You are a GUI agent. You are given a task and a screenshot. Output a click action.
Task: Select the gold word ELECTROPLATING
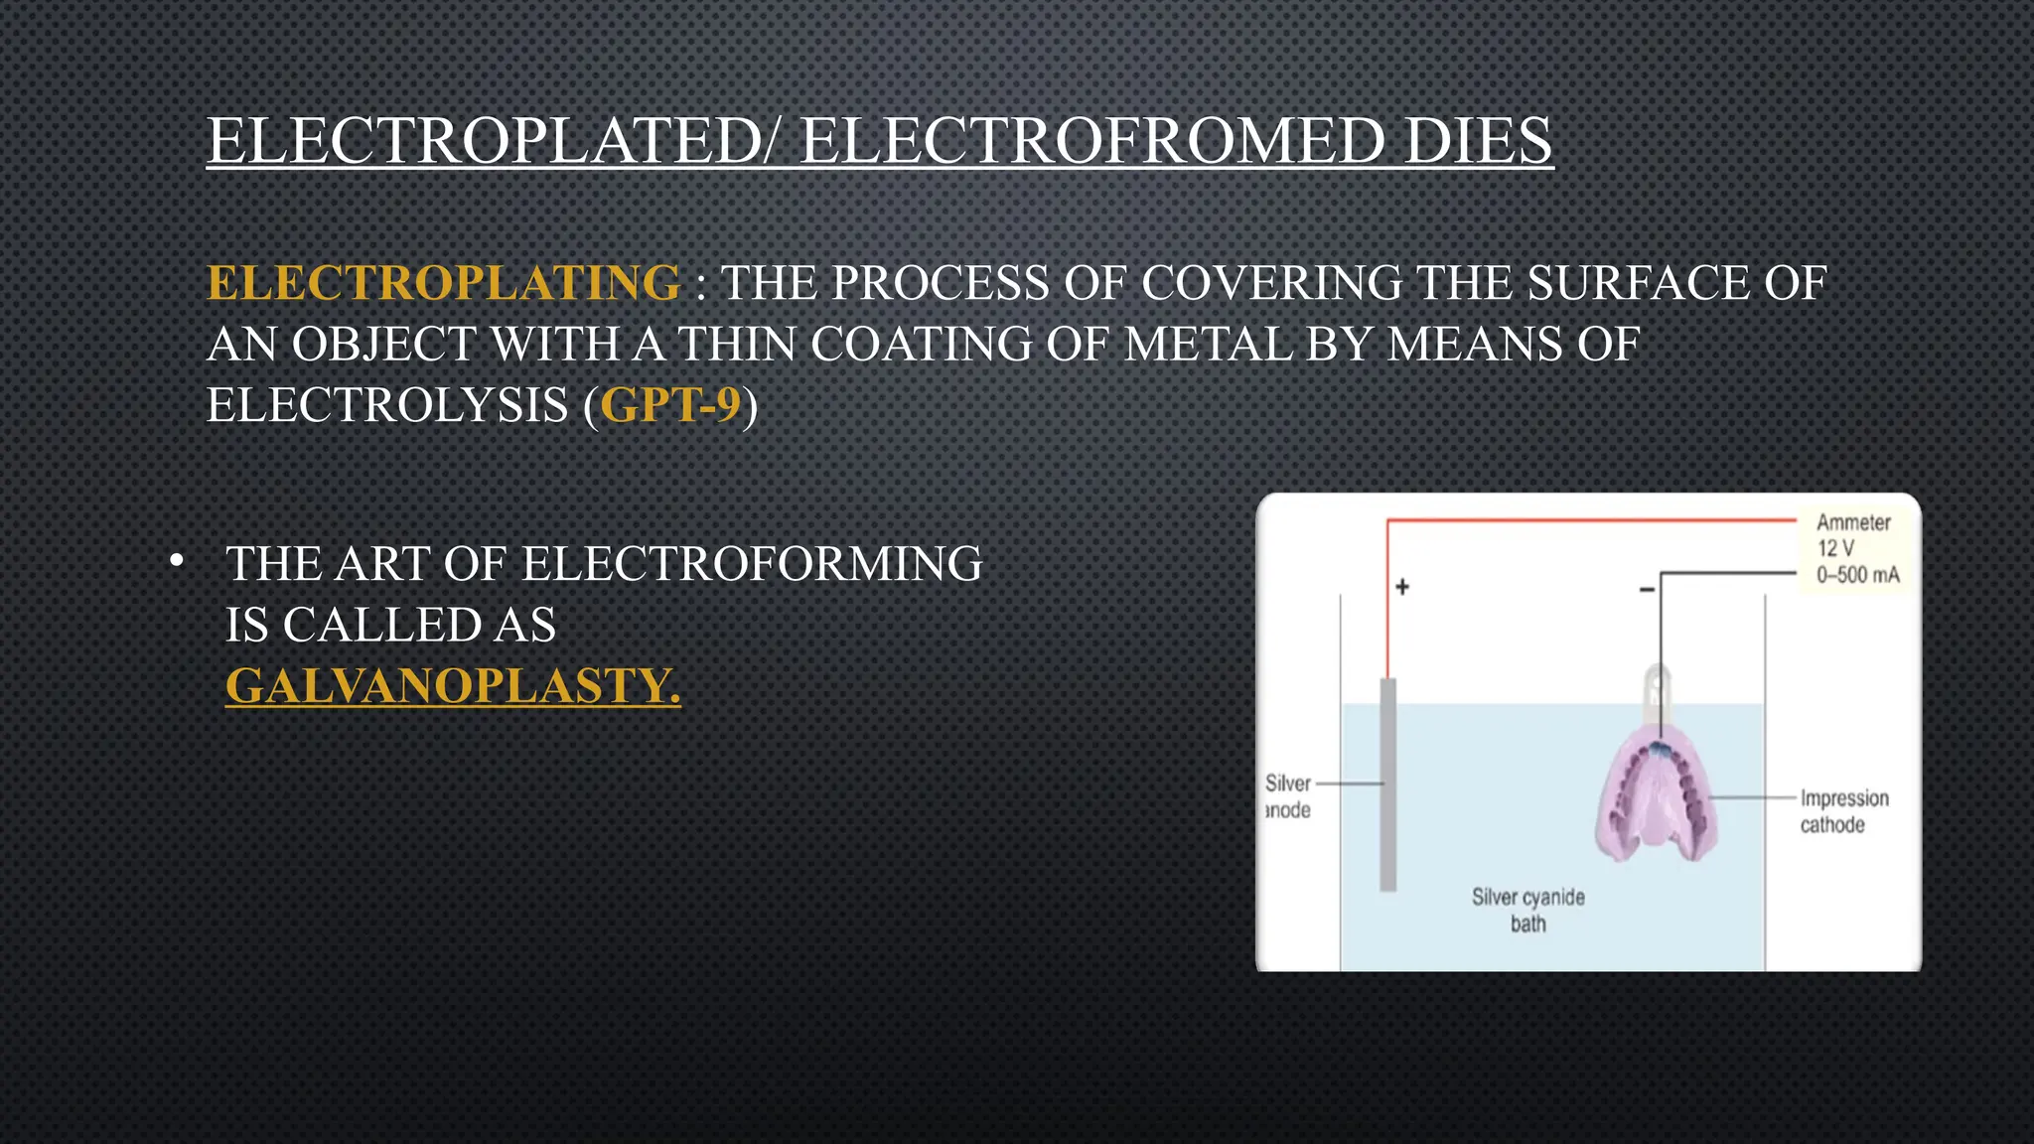point(444,283)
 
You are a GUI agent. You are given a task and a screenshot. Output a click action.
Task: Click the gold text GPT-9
point(670,405)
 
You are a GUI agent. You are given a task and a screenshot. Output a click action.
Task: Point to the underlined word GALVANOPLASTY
point(453,686)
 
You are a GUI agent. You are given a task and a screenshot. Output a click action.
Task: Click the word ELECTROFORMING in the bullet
point(752,564)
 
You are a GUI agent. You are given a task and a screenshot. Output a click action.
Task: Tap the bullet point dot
point(177,561)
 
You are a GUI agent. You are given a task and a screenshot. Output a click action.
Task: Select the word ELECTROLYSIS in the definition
point(387,405)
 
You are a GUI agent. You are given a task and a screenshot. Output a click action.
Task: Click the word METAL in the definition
point(1207,345)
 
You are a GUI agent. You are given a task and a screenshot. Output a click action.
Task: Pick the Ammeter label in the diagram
point(1853,522)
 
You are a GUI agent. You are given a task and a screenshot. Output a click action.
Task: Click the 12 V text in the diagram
point(1835,548)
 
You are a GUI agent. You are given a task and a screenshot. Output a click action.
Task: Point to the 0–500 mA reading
point(1857,575)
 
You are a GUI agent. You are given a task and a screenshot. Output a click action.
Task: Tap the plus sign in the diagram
point(1402,587)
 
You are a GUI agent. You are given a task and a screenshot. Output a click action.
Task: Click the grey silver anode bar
point(1388,785)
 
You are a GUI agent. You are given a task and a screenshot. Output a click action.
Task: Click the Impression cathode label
point(1843,811)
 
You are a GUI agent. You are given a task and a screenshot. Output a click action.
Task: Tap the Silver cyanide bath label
point(1527,910)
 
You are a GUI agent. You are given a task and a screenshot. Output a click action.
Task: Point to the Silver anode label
point(1288,796)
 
